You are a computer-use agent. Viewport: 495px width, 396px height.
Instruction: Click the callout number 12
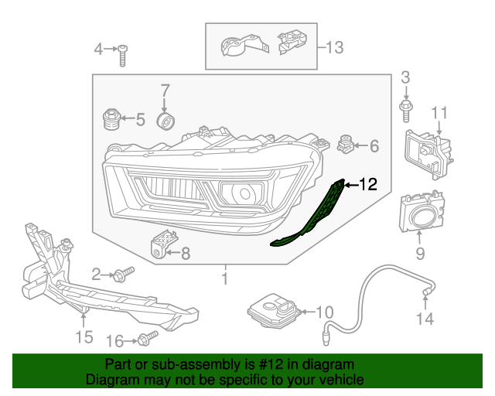click(x=367, y=184)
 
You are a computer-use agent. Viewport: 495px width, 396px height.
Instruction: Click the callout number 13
click(x=333, y=48)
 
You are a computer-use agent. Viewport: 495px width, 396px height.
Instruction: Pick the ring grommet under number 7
click(x=166, y=122)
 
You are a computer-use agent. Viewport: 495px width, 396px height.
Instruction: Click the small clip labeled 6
click(x=346, y=143)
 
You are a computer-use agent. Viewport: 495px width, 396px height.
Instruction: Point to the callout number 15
click(x=84, y=336)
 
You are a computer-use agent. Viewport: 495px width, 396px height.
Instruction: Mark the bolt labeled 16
click(x=148, y=339)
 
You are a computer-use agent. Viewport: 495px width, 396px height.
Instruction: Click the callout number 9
click(x=421, y=253)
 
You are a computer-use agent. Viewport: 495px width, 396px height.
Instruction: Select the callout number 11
click(x=439, y=114)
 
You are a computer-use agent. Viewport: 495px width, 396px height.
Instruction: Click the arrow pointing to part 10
click(x=305, y=312)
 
